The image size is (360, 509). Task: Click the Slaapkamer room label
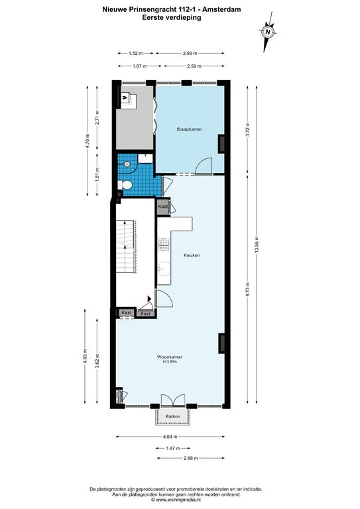[189, 129]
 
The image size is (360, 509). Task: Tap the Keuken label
[192, 255]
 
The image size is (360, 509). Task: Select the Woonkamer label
[170, 357]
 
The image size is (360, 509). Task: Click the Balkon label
[172, 416]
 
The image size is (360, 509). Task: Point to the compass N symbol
[268, 32]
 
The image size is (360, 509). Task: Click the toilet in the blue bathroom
[125, 185]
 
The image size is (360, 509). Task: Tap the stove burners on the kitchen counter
[164, 244]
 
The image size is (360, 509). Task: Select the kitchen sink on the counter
[164, 268]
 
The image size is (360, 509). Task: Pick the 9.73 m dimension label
[247, 288]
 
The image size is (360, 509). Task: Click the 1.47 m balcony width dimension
[172, 448]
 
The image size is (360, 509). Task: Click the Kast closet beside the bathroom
[163, 207]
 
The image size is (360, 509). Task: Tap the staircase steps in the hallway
[126, 247]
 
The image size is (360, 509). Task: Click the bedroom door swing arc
[204, 164]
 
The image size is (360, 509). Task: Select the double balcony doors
[173, 400]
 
